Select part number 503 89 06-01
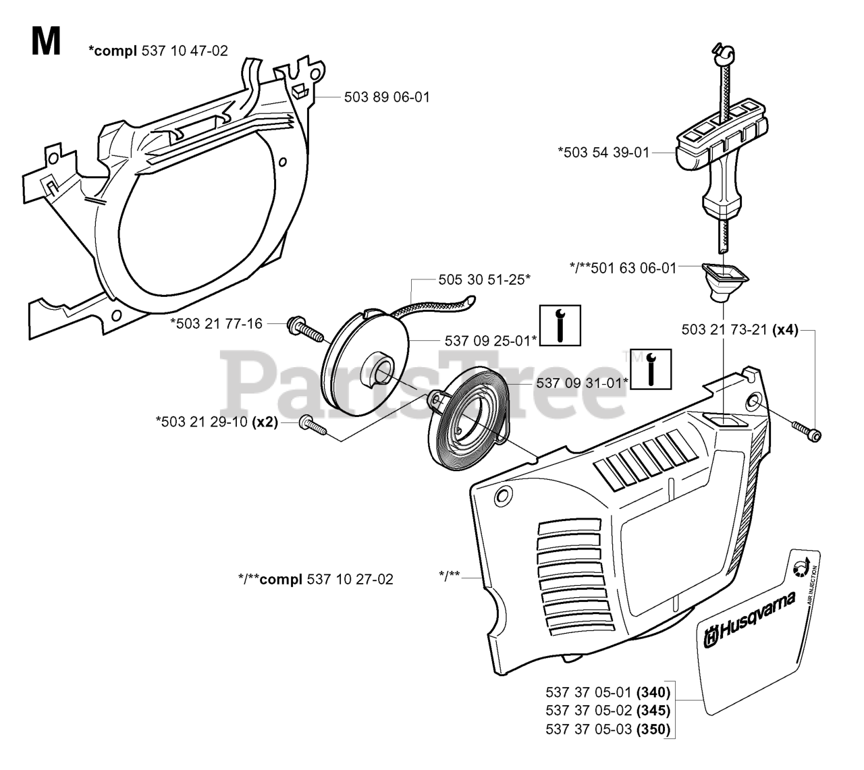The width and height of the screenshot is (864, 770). [x=387, y=97]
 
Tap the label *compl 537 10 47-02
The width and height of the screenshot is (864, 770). [x=158, y=51]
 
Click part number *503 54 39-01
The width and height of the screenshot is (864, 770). [x=603, y=153]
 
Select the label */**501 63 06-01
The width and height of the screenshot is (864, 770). [x=622, y=269]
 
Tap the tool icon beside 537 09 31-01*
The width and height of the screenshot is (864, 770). [x=650, y=369]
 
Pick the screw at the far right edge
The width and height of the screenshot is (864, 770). [x=807, y=431]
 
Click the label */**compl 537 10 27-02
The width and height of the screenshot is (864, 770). [x=316, y=578]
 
